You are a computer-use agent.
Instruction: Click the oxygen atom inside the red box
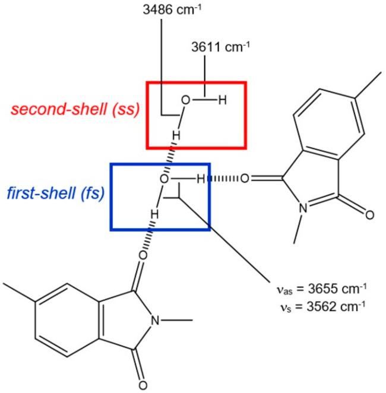pyautogui.click(x=186, y=100)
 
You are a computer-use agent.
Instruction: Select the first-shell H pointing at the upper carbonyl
pyautogui.click(x=201, y=178)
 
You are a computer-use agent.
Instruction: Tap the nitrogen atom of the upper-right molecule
pyautogui.click(x=303, y=208)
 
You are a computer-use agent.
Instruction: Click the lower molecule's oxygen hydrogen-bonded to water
pyautogui.click(x=143, y=255)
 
